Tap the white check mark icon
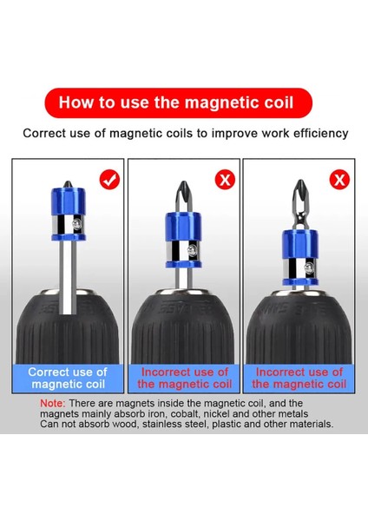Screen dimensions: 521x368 click(109, 180)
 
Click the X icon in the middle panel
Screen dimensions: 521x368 click(224, 180)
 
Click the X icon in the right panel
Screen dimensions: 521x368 click(338, 180)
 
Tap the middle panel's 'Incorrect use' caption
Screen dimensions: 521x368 click(184, 378)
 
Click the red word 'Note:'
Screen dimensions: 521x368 click(53, 404)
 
